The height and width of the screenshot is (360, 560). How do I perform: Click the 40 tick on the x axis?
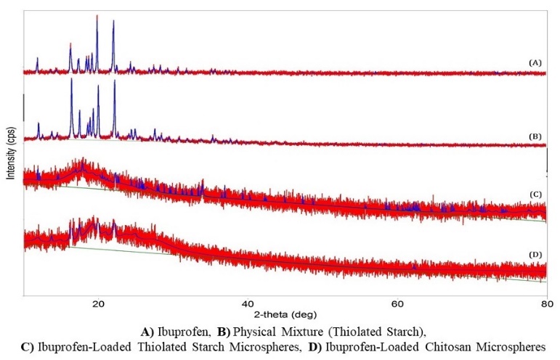247,306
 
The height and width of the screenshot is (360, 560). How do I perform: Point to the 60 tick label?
397,306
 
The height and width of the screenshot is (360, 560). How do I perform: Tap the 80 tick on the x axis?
545,306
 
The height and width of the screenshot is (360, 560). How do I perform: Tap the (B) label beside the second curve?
535,136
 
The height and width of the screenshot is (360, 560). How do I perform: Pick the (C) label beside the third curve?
535,194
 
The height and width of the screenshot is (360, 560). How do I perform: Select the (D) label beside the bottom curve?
535,253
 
